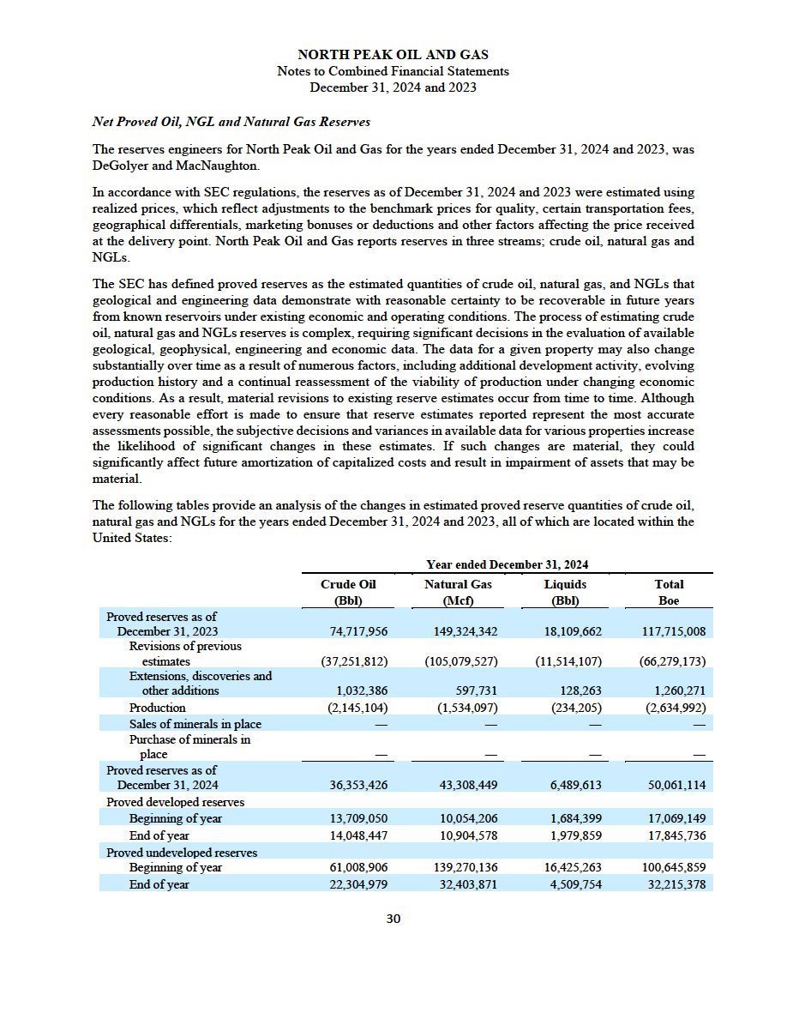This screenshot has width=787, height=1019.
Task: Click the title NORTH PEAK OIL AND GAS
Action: tap(393, 55)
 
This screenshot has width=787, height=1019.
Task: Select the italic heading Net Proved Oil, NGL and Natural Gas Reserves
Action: tap(231, 122)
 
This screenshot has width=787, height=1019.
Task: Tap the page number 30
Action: tap(393, 919)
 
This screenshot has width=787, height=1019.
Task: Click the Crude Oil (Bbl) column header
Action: tap(348, 592)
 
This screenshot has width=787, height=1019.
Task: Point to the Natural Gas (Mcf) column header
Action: tap(457, 592)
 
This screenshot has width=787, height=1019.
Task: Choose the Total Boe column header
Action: tap(669, 592)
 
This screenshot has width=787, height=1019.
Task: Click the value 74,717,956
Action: tap(358, 631)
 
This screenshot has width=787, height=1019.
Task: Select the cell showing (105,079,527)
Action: tap(461, 661)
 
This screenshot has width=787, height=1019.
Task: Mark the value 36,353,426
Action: tap(358, 785)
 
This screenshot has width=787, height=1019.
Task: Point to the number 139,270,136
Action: tap(461, 867)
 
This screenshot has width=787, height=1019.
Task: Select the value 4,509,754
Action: tap(573, 884)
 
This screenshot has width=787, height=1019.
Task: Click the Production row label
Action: tap(157, 708)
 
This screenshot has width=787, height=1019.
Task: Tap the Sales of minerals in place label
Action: tap(195, 724)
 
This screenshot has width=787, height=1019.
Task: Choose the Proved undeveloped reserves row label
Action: tap(182, 852)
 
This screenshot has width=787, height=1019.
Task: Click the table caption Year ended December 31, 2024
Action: tap(507, 564)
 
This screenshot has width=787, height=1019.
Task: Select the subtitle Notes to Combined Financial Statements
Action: tap(393, 71)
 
